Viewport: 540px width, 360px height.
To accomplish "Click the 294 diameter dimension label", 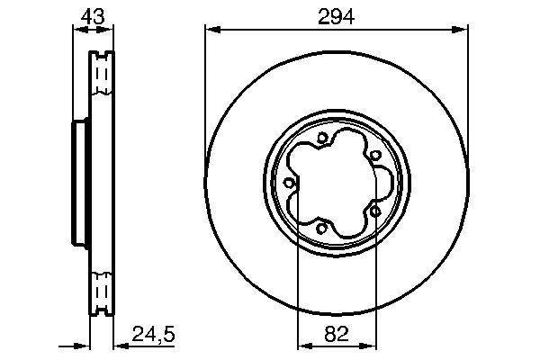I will click(x=336, y=15).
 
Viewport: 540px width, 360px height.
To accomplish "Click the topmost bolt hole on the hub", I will click(x=322, y=138).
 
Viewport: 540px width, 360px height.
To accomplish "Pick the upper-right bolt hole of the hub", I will click(x=373, y=155).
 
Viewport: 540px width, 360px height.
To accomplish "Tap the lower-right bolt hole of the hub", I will click(x=373, y=210).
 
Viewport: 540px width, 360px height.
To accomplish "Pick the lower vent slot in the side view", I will click(x=101, y=293).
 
